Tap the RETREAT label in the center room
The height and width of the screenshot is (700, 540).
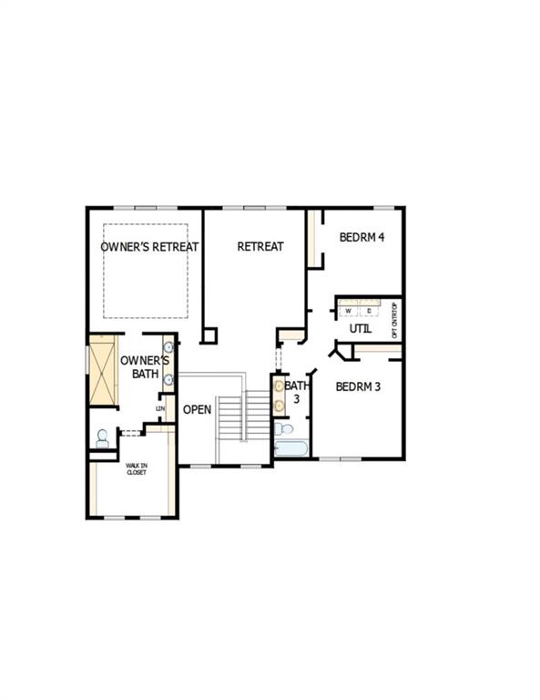click(260, 246)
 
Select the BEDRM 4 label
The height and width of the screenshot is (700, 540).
click(362, 238)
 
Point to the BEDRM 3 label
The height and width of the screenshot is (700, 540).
click(358, 386)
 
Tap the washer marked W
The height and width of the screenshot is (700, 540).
click(349, 311)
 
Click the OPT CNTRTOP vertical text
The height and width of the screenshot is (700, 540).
click(394, 319)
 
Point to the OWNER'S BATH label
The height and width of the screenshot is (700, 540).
click(139, 366)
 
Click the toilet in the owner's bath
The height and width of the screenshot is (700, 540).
click(102, 437)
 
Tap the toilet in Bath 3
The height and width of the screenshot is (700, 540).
click(285, 428)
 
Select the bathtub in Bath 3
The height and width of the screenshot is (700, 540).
click(291, 448)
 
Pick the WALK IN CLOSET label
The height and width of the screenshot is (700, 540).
click(136, 468)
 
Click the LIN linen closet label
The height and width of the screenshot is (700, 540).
click(160, 408)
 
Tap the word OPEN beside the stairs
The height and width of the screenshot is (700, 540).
click(197, 409)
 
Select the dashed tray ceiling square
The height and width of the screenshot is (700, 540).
click(145, 271)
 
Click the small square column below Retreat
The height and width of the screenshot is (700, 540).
click(209, 335)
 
